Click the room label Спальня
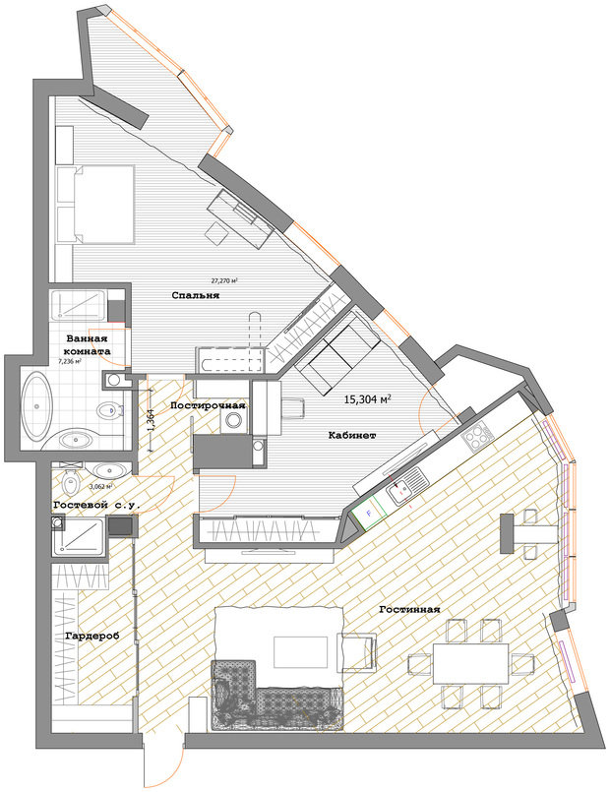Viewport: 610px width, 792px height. click(x=194, y=295)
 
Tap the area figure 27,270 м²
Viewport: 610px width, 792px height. click(x=225, y=280)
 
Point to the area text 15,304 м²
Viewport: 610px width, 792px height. click(x=368, y=400)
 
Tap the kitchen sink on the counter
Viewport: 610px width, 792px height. click(x=403, y=489)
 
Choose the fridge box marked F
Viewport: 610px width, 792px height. click(x=369, y=512)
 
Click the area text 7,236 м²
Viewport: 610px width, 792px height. click(x=69, y=362)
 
